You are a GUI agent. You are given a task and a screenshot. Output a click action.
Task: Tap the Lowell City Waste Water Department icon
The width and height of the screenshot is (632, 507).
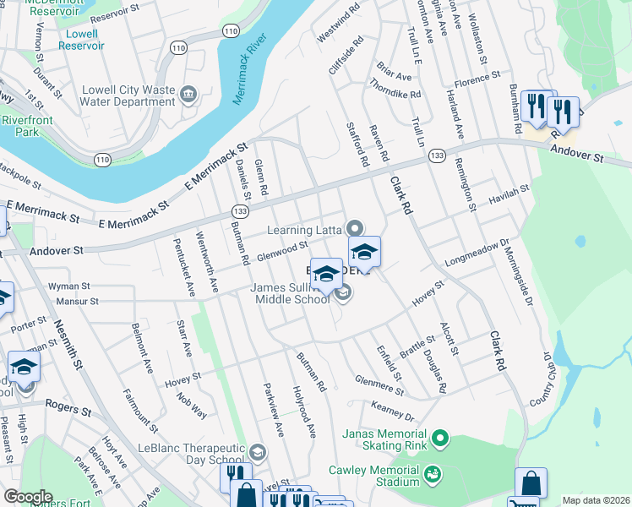click(189, 94)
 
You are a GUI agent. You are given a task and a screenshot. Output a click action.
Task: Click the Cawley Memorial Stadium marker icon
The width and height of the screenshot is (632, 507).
click(433, 473)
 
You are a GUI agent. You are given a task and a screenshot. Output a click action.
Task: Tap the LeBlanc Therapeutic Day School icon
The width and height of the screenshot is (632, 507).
click(258, 454)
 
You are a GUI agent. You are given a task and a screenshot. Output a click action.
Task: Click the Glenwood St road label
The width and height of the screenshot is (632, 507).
click(281, 252)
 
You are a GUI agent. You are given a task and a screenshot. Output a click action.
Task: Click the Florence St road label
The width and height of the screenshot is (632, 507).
click(477, 80)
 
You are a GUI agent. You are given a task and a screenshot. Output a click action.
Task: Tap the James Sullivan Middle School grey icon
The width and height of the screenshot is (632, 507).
click(342, 293)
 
